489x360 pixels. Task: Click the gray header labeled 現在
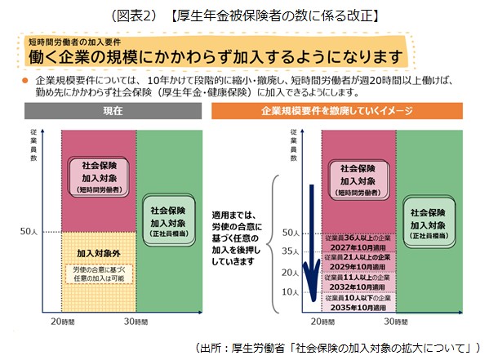click(113, 111)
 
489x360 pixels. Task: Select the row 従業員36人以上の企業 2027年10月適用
click(358, 242)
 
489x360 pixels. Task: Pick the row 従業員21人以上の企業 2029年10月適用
click(358, 262)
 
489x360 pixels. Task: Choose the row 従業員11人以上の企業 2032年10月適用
click(358, 282)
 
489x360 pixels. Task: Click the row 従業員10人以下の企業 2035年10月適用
click(358, 302)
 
